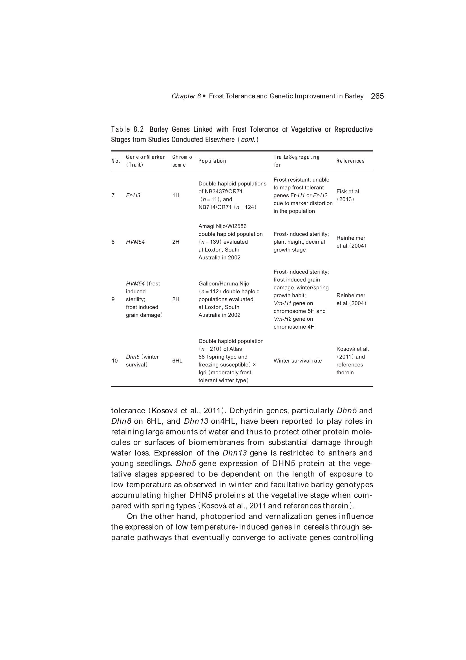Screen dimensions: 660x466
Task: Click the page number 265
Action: (377, 96)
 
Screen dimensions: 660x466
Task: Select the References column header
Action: (350, 161)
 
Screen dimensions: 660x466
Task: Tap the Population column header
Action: (212, 161)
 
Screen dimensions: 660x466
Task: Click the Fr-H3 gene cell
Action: (133, 195)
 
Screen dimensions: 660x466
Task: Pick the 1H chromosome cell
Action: (176, 195)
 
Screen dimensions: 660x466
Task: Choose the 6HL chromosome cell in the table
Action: (177, 361)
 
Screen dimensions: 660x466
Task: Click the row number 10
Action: (114, 361)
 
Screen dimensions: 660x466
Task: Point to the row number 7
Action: (113, 195)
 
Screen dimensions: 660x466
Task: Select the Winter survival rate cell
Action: (297, 361)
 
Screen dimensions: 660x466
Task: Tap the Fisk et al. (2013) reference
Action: (348, 195)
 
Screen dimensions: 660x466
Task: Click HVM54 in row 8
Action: (135, 242)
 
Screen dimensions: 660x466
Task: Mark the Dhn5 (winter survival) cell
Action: (142, 361)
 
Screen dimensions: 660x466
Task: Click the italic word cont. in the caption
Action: (248, 140)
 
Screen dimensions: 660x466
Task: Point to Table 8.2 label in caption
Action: (127, 129)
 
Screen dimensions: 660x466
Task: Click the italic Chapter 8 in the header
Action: (186, 96)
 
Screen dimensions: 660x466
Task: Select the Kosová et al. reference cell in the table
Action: (352, 361)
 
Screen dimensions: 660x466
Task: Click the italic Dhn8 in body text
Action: (121, 421)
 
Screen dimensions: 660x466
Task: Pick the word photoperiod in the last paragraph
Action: (223, 516)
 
